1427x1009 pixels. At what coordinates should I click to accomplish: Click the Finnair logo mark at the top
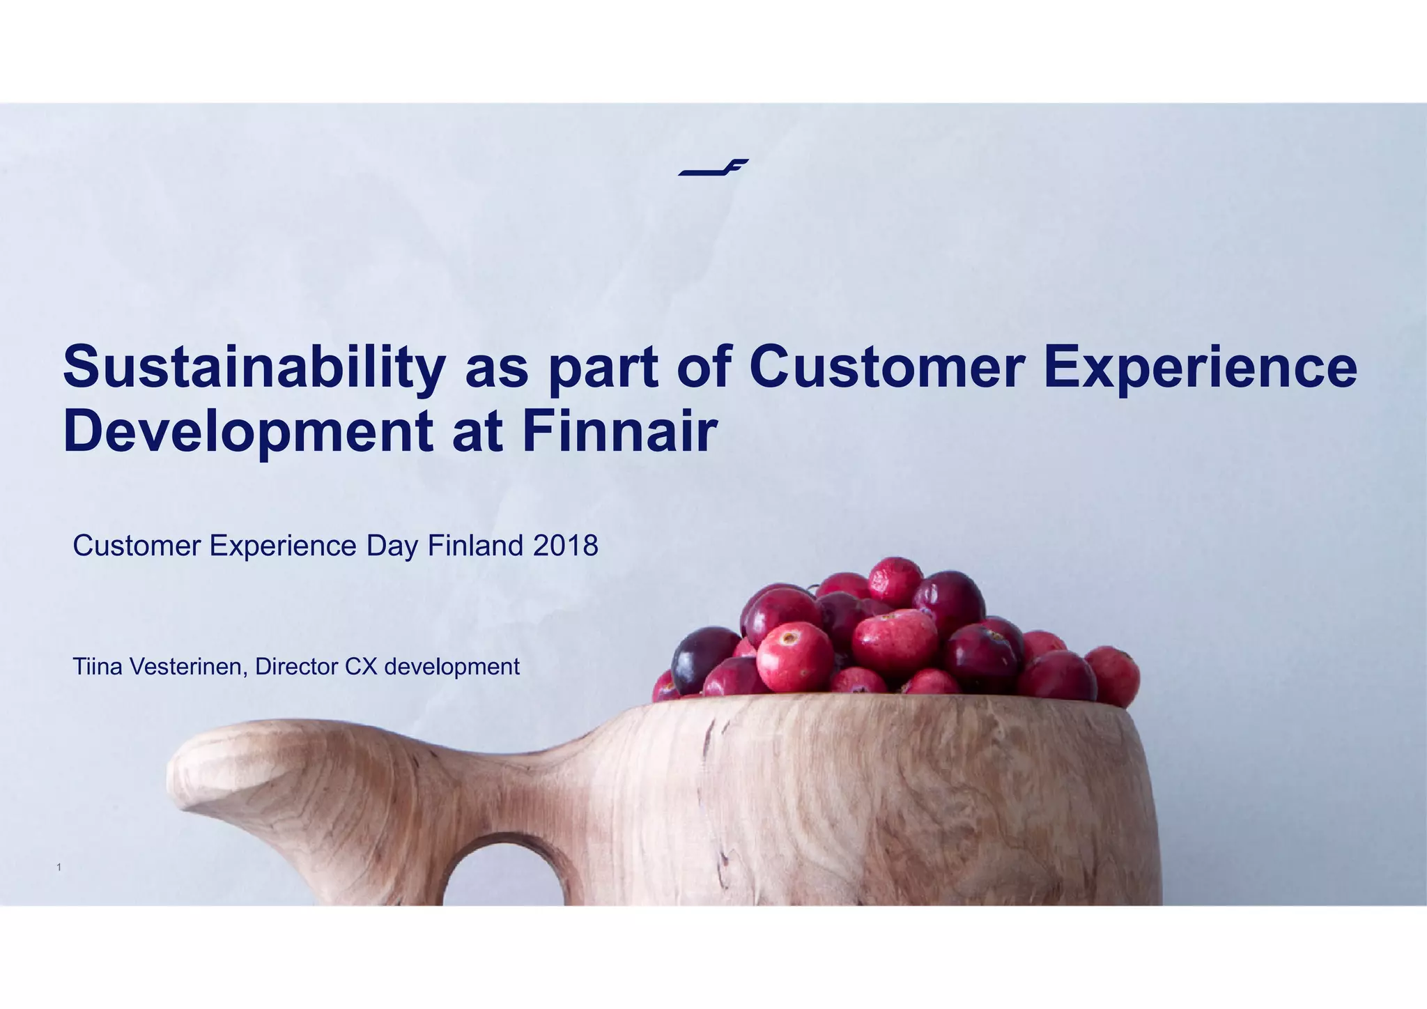tap(713, 167)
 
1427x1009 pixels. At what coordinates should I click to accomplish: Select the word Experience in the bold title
tap(1199, 367)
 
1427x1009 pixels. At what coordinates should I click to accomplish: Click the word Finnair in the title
tap(619, 431)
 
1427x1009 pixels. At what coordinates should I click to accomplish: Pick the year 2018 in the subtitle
tap(565, 546)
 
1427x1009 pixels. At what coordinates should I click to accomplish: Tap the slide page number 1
tap(59, 868)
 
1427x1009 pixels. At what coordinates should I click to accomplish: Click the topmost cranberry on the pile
tap(895, 580)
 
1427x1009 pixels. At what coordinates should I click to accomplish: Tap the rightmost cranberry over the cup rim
tap(1113, 675)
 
